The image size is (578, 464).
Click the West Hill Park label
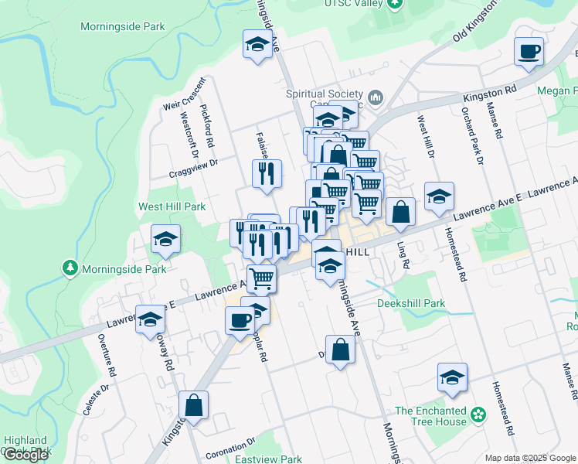tap(172, 206)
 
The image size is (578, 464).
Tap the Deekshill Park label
tap(410, 304)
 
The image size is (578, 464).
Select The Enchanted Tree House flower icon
tap(479, 416)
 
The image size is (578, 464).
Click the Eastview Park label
tap(268, 459)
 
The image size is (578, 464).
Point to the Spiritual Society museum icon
tap(376, 97)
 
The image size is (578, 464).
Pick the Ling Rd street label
tap(403, 254)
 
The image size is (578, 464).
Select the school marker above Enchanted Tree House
tap(452, 377)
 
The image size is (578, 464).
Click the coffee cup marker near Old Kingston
tap(529, 52)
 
